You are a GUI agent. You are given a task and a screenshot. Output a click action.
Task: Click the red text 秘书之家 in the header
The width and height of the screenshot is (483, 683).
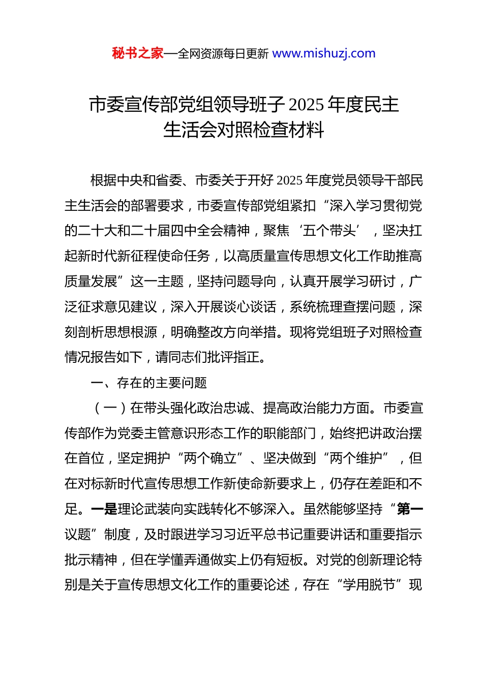[x=137, y=53]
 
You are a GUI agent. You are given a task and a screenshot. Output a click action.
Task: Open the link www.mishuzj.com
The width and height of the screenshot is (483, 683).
[x=324, y=53]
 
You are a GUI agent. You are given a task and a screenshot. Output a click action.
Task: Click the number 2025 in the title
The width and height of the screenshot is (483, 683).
[x=306, y=105]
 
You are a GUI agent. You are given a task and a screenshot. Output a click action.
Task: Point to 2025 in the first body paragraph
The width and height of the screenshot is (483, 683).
[x=290, y=180]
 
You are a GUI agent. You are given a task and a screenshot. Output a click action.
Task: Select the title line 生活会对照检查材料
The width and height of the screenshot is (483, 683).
[x=244, y=130]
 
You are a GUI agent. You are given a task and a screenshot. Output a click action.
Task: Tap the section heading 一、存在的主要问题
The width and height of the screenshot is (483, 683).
[x=148, y=383]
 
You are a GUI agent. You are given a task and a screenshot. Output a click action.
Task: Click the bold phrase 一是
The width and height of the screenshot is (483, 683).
[x=104, y=509]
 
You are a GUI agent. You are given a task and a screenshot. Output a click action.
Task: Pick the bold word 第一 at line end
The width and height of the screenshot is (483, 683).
[x=410, y=509]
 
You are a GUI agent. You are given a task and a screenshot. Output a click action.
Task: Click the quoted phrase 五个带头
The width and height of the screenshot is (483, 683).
[x=329, y=231]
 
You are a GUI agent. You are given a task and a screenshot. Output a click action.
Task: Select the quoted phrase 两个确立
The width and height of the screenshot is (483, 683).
[x=210, y=458]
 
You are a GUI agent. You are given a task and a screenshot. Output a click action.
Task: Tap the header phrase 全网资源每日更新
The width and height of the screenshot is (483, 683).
[x=223, y=53]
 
